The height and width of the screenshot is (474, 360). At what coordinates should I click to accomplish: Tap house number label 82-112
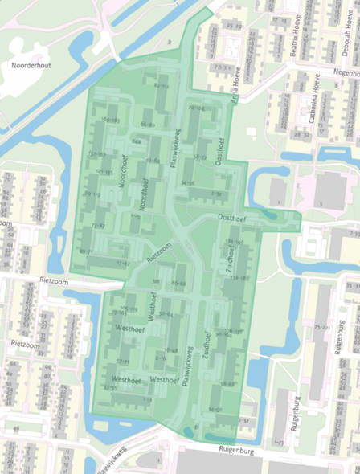[x=162, y=86]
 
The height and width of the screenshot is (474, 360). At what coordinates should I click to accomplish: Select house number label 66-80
[x=147, y=125]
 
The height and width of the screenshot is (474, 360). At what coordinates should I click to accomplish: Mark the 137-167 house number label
[x=96, y=153]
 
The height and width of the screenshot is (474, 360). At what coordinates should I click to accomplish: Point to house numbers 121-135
[x=104, y=172]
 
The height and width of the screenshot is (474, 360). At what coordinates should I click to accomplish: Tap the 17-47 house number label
[x=121, y=263]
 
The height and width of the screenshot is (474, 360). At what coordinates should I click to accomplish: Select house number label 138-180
[x=239, y=277]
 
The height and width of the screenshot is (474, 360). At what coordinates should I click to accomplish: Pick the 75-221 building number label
[x=322, y=328]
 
